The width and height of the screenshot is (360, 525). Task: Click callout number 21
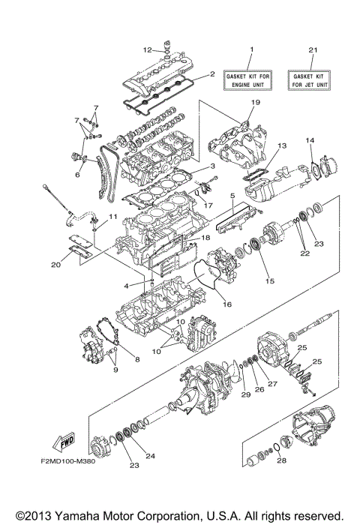tap(313, 50)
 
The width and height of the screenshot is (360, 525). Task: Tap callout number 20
tap(57, 263)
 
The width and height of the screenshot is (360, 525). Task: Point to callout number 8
tap(137, 359)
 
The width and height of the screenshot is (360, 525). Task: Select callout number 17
tap(208, 204)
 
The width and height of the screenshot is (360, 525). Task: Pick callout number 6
tap(76, 175)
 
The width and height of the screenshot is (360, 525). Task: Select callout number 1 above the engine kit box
tap(251, 50)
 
